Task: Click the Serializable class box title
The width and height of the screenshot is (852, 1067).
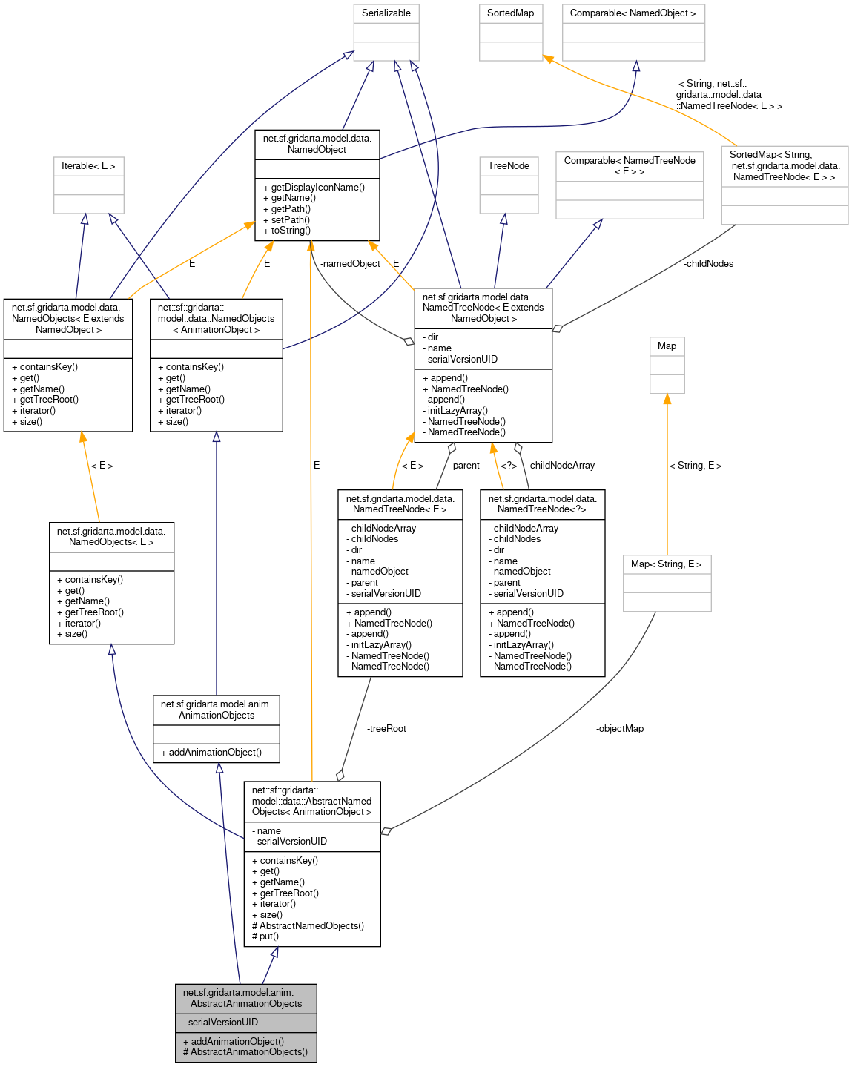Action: pos(386,13)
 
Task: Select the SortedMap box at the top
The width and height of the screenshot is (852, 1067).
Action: pos(510,13)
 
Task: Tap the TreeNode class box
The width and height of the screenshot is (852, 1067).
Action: pos(509,166)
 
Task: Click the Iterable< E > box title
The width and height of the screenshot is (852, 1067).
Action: pos(88,166)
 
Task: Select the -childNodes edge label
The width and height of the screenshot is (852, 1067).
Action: pos(708,264)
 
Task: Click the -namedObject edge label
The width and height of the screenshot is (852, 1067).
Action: pos(350,264)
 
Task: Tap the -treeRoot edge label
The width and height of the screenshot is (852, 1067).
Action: pos(386,729)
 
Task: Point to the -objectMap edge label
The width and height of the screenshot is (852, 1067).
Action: pos(619,729)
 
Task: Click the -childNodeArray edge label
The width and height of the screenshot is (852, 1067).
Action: pos(561,466)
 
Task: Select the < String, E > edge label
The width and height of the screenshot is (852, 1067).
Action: pos(695,466)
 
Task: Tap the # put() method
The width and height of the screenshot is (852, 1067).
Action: pos(265,936)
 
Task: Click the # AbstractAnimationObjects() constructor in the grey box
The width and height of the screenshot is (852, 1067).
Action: pos(245,1052)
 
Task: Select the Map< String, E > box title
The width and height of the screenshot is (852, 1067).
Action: pos(666,564)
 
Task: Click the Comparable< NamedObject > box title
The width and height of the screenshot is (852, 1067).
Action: pos(633,13)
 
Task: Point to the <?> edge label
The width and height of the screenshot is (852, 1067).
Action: pos(509,466)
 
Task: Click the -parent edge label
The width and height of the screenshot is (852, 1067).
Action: pos(465,466)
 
